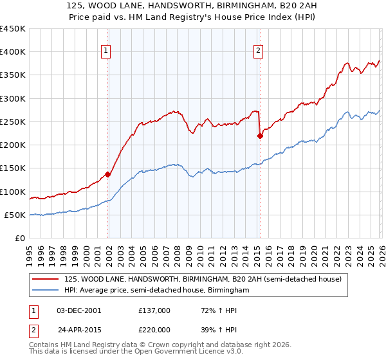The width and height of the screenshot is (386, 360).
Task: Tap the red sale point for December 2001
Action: [108, 174]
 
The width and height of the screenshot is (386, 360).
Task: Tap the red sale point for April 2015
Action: [260, 136]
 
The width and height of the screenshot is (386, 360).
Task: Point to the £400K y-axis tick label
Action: [12, 52]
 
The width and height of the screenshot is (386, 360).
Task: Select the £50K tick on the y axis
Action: [15, 215]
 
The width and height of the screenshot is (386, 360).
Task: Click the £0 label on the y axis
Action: [20, 238]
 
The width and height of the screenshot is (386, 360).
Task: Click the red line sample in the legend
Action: [44, 280]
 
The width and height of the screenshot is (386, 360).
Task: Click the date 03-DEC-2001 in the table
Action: [78, 310]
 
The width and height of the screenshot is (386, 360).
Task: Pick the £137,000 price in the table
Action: [154, 310]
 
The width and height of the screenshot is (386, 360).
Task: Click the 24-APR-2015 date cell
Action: [79, 329]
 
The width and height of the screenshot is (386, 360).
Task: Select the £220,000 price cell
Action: [154, 329]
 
